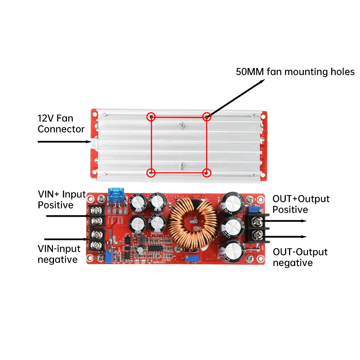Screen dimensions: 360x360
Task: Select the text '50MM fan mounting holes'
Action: (295, 72)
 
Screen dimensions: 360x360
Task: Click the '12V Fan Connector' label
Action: (61, 123)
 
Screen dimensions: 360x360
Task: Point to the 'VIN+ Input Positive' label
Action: (62, 200)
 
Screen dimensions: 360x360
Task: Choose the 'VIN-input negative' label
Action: (57, 254)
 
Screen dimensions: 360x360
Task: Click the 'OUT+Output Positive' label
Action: (301, 204)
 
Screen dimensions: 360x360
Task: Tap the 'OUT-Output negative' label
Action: (300, 257)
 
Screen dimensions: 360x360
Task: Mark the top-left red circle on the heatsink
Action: (151, 116)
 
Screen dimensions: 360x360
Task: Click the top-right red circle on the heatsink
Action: (207, 116)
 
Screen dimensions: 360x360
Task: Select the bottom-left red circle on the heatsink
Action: (151, 172)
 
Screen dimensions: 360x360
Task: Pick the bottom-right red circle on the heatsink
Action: (207, 172)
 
